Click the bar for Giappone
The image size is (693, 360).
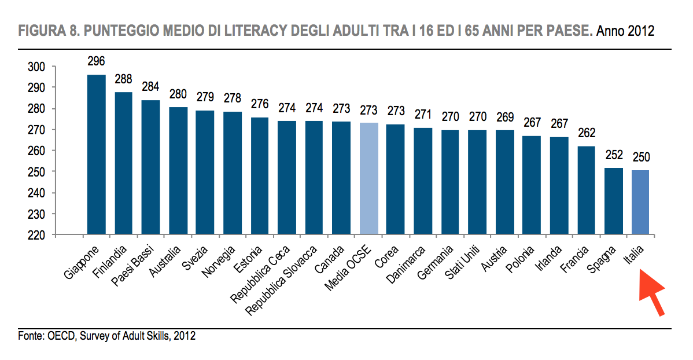[x=96, y=155]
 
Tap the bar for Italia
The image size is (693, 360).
[x=640, y=202]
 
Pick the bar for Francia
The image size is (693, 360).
[x=585, y=190]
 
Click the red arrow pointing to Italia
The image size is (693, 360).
[x=652, y=295]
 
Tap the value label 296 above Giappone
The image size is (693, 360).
[x=96, y=61]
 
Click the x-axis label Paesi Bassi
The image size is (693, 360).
[x=134, y=267]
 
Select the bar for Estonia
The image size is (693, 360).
[x=259, y=176]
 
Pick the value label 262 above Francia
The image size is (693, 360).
[x=585, y=134]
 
